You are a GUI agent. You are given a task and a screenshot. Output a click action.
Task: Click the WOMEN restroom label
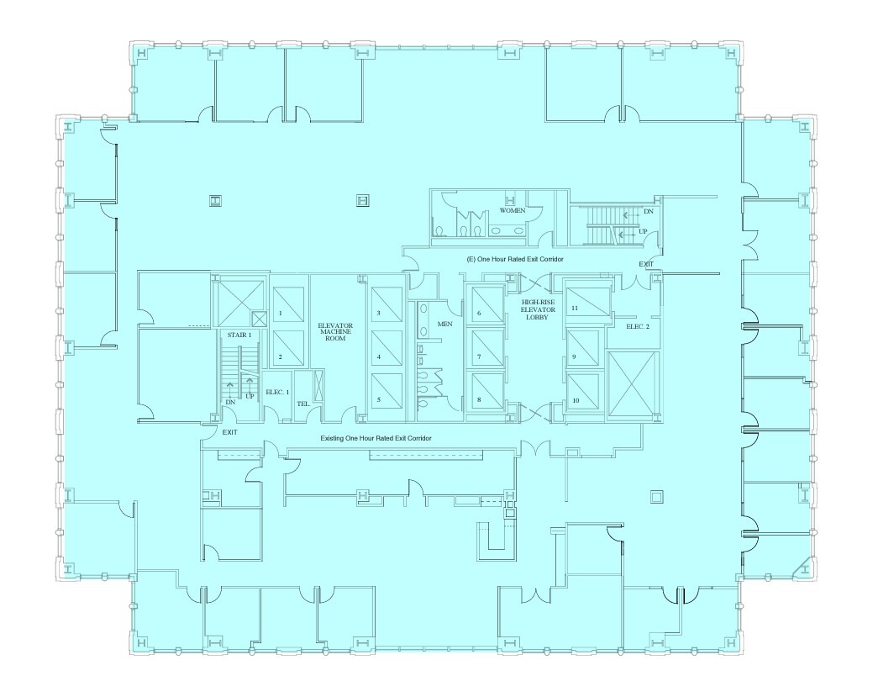(513, 209)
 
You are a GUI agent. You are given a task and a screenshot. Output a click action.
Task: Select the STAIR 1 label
(239, 335)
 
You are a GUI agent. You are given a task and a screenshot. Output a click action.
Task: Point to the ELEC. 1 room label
(277, 392)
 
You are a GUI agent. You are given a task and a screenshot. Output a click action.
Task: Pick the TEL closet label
(304, 404)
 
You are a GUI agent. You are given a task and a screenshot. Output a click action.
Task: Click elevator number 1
(280, 313)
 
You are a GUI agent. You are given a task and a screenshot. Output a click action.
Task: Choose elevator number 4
(379, 356)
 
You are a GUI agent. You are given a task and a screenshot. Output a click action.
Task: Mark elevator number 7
(478, 356)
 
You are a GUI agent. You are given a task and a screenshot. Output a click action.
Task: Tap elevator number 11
(575, 309)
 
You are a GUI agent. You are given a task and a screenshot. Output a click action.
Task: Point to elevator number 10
(576, 400)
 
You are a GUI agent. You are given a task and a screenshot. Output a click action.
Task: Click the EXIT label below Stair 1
(229, 432)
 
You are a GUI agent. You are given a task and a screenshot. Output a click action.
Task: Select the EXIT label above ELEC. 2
(645, 264)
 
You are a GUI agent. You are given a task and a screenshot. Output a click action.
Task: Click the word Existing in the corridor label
(335, 440)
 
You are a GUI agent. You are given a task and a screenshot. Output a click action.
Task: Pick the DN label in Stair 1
(229, 403)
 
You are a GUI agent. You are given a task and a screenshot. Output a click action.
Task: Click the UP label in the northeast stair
(643, 231)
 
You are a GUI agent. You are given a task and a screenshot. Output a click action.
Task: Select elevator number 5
(379, 400)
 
